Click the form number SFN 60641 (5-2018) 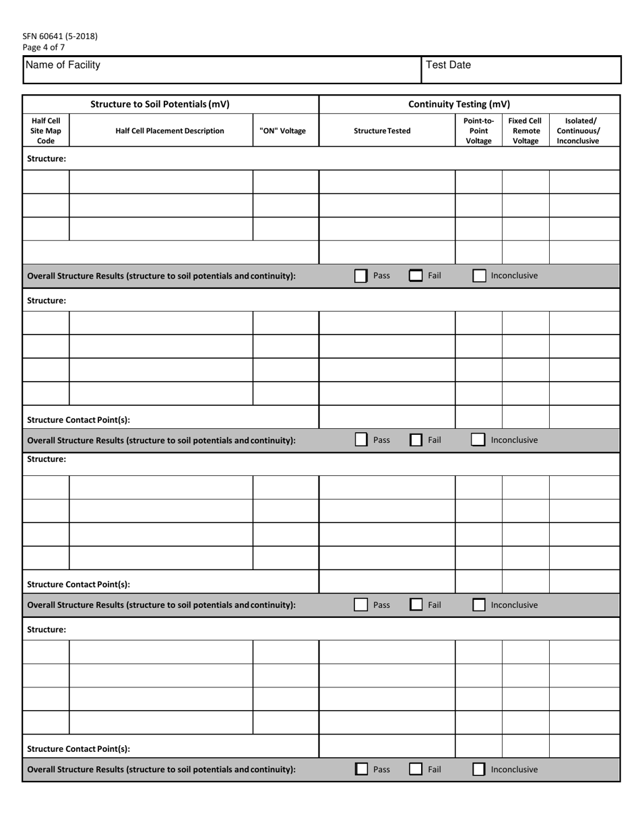(x=60, y=36)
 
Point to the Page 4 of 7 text (x=44, y=47)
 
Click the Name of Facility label (x=63, y=65)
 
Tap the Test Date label (x=448, y=65)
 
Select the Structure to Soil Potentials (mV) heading (x=160, y=104)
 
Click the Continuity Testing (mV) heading (x=459, y=104)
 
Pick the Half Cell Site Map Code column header (x=46, y=131)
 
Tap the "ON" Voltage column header (x=282, y=131)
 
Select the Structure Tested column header (x=382, y=131)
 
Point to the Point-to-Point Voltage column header (x=478, y=131)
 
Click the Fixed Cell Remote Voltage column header (x=525, y=131)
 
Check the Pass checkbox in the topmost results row (x=361, y=275)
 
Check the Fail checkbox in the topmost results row (x=416, y=275)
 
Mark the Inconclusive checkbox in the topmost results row (x=479, y=275)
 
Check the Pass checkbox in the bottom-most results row (x=361, y=769)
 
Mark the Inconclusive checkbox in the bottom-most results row (x=479, y=769)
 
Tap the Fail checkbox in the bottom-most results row (x=416, y=769)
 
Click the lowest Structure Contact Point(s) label (x=78, y=749)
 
